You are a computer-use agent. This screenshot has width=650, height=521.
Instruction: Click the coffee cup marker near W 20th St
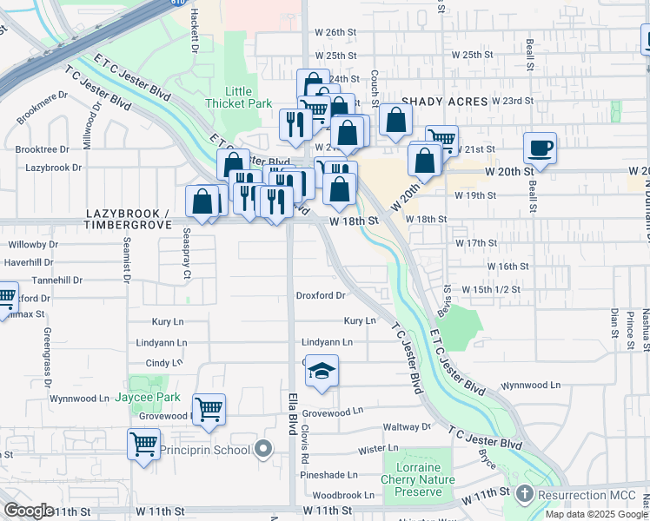coord(540,148)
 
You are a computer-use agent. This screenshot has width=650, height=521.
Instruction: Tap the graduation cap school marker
coord(322,372)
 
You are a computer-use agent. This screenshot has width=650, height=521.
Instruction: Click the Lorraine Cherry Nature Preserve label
coord(418,479)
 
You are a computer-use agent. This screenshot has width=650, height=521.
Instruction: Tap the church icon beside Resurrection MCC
coord(523,493)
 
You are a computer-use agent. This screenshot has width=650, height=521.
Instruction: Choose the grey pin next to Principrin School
coord(264,450)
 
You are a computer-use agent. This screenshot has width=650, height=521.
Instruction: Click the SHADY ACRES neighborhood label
coord(444,102)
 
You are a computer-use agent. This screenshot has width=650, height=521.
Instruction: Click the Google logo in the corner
coord(29,510)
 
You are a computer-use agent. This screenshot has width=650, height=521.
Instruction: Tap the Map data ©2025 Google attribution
coord(595,515)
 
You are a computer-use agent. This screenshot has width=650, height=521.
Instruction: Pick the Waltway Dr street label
coord(408,426)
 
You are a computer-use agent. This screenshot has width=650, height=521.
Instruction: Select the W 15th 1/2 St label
coord(491,288)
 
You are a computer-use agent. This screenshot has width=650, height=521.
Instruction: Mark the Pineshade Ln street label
coord(328,475)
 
